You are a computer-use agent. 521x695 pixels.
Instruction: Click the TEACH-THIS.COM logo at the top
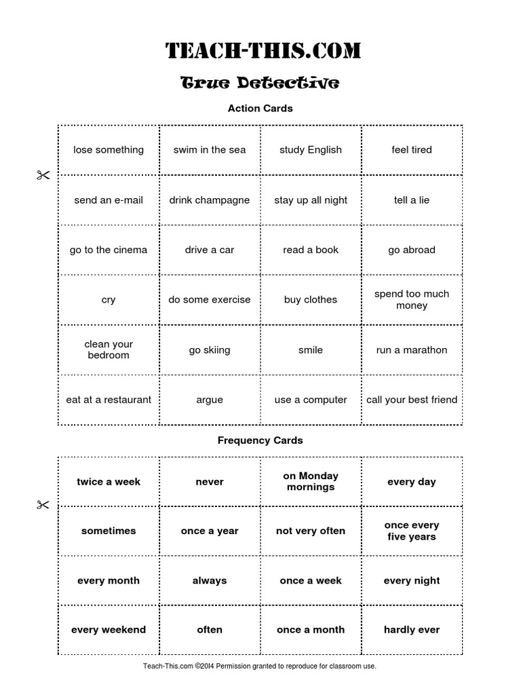[x=263, y=50]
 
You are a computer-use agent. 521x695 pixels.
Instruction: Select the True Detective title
[x=260, y=83]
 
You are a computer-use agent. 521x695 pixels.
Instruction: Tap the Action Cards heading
[x=260, y=108]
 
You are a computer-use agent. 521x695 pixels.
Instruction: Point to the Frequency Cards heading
[x=260, y=440]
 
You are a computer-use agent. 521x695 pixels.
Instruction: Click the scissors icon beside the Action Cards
[x=43, y=175]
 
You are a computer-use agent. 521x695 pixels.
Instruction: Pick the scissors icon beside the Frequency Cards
[x=43, y=505]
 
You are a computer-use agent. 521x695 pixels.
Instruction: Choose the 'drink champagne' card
[x=210, y=200]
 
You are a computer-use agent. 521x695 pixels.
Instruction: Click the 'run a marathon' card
[x=412, y=350]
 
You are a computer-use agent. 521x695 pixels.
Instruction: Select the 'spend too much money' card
[x=412, y=299]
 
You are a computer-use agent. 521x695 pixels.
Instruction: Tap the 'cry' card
[x=109, y=299]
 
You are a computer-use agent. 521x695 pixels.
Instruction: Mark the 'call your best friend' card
[x=412, y=400]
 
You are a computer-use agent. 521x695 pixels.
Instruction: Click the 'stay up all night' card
[x=311, y=200]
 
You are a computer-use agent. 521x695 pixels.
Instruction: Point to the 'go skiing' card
[x=210, y=350]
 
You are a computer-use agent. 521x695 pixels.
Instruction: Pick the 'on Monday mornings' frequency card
[x=311, y=481]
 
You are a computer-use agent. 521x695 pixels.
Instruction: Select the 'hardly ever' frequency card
[x=412, y=630]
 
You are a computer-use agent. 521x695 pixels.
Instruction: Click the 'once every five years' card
[x=412, y=531]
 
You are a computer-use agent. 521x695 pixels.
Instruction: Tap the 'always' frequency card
[x=210, y=580]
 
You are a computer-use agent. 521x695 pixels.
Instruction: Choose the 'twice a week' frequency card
[x=109, y=482]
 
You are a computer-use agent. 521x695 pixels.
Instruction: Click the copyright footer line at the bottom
[x=260, y=666]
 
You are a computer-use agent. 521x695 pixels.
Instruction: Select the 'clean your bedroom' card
[x=109, y=350]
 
